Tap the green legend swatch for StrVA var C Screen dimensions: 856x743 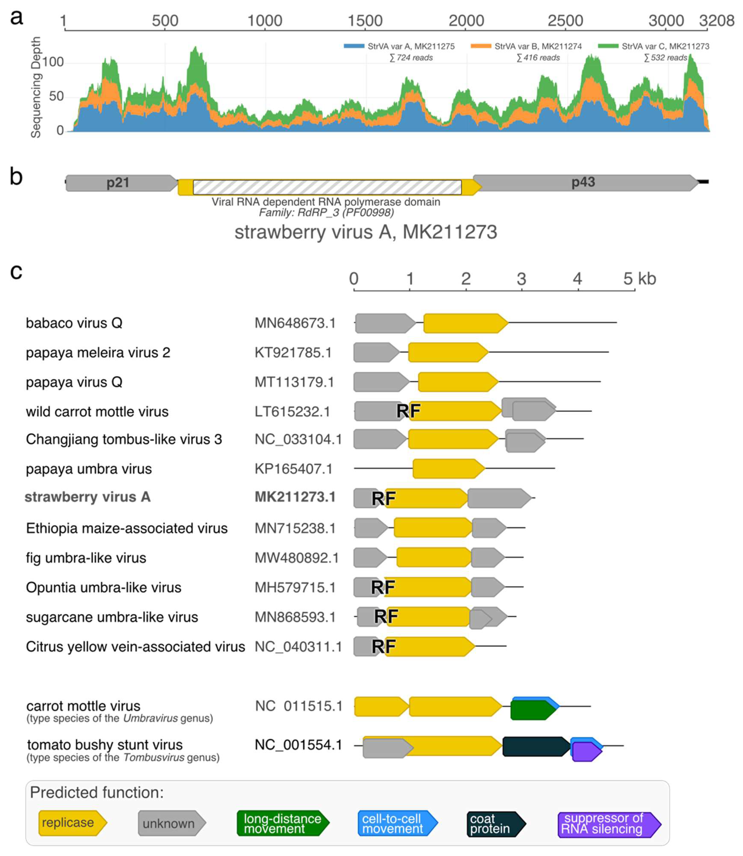[608, 46]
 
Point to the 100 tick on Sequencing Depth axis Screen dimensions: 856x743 [53, 62]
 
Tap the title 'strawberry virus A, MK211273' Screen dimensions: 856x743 [366, 232]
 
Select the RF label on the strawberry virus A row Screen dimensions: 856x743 [383, 498]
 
